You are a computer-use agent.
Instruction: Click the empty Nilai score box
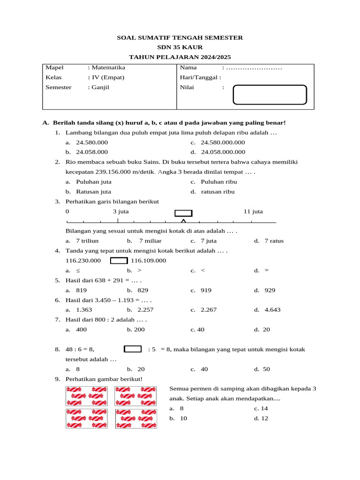[x=270, y=94]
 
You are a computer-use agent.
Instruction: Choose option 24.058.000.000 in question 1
[x=223, y=152]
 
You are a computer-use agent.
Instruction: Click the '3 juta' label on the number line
[x=121, y=211]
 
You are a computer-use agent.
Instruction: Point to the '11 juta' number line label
[x=253, y=211]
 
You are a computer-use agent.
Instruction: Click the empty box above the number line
[x=183, y=213]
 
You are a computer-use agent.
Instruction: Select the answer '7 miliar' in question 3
[x=150, y=241]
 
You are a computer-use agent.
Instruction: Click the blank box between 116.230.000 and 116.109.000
[x=119, y=261]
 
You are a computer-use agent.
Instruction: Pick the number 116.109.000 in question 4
[x=148, y=261]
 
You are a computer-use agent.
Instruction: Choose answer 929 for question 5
[x=270, y=290]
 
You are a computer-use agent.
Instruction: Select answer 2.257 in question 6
[x=145, y=310]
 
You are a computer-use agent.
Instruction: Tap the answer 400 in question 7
[x=81, y=330]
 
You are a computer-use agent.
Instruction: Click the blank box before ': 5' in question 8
[x=133, y=349]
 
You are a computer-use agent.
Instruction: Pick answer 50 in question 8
[x=266, y=369]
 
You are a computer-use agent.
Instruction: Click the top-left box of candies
[x=86, y=396]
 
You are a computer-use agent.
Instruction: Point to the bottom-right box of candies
[x=135, y=419]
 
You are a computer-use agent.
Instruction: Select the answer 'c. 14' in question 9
[x=261, y=408]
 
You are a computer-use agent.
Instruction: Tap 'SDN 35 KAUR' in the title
[x=180, y=47]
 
